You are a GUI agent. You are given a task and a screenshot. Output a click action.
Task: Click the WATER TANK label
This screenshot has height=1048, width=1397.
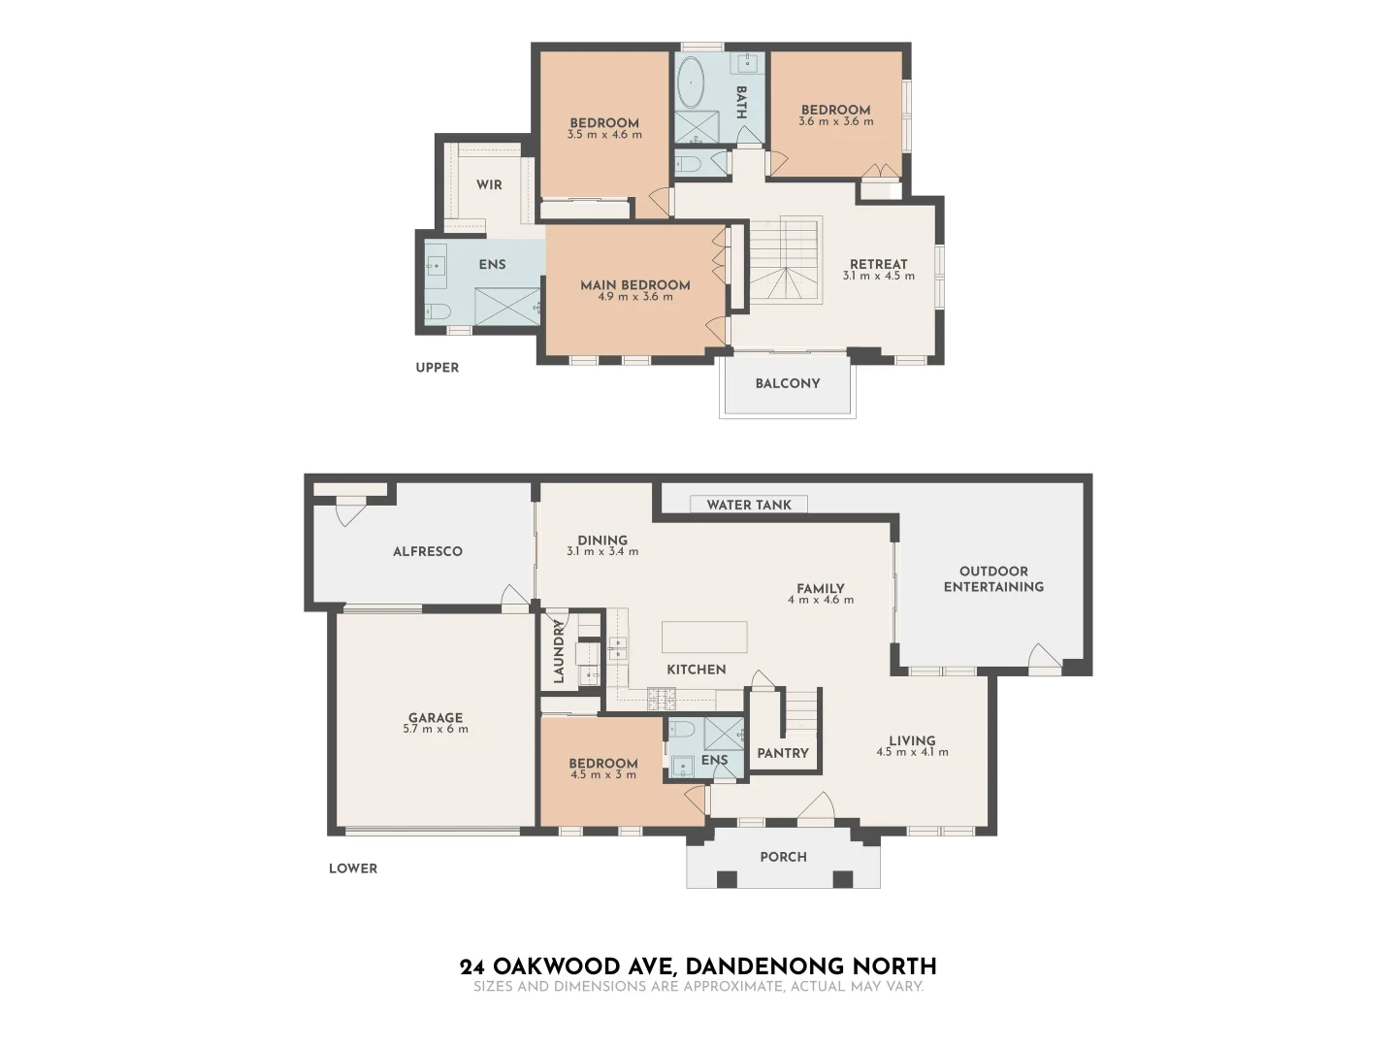click(x=749, y=505)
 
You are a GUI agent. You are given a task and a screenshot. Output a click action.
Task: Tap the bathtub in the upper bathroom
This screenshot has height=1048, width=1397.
click(x=691, y=83)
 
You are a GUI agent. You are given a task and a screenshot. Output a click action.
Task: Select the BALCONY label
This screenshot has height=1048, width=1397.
click(x=788, y=383)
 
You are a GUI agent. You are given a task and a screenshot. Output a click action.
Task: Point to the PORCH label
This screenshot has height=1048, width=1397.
click(x=783, y=857)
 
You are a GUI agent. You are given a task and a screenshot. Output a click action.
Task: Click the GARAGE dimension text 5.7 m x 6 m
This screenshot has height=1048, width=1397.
click(x=436, y=730)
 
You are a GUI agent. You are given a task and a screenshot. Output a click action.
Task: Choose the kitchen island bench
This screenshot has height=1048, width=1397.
click(x=704, y=638)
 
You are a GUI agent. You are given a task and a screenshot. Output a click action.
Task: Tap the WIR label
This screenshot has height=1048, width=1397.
click(x=489, y=184)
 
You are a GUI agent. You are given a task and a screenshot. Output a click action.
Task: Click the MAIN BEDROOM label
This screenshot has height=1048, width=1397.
click(x=635, y=284)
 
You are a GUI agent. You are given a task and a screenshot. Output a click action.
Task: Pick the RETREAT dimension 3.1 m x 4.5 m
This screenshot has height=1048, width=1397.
click(x=878, y=277)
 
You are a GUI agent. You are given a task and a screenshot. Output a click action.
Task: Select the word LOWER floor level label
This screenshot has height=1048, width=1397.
click(x=353, y=868)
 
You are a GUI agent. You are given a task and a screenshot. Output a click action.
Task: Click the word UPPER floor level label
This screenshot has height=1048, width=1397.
click(x=438, y=368)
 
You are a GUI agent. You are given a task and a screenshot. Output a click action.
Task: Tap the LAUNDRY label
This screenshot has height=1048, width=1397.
click(x=559, y=652)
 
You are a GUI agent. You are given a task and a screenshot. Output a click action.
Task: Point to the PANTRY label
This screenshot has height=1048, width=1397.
click(x=783, y=753)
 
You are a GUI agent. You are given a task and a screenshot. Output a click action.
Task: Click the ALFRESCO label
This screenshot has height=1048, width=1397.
click(x=428, y=551)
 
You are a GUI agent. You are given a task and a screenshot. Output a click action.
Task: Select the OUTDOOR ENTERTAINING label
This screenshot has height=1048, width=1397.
click(x=993, y=579)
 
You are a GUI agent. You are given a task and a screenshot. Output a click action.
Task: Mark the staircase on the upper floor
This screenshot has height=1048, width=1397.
click(x=785, y=259)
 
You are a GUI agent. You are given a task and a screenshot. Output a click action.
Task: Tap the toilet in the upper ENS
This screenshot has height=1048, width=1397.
click(x=438, y=312)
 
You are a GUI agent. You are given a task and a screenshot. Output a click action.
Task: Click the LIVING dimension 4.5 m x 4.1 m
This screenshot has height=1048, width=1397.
click(x=912, y=753)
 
